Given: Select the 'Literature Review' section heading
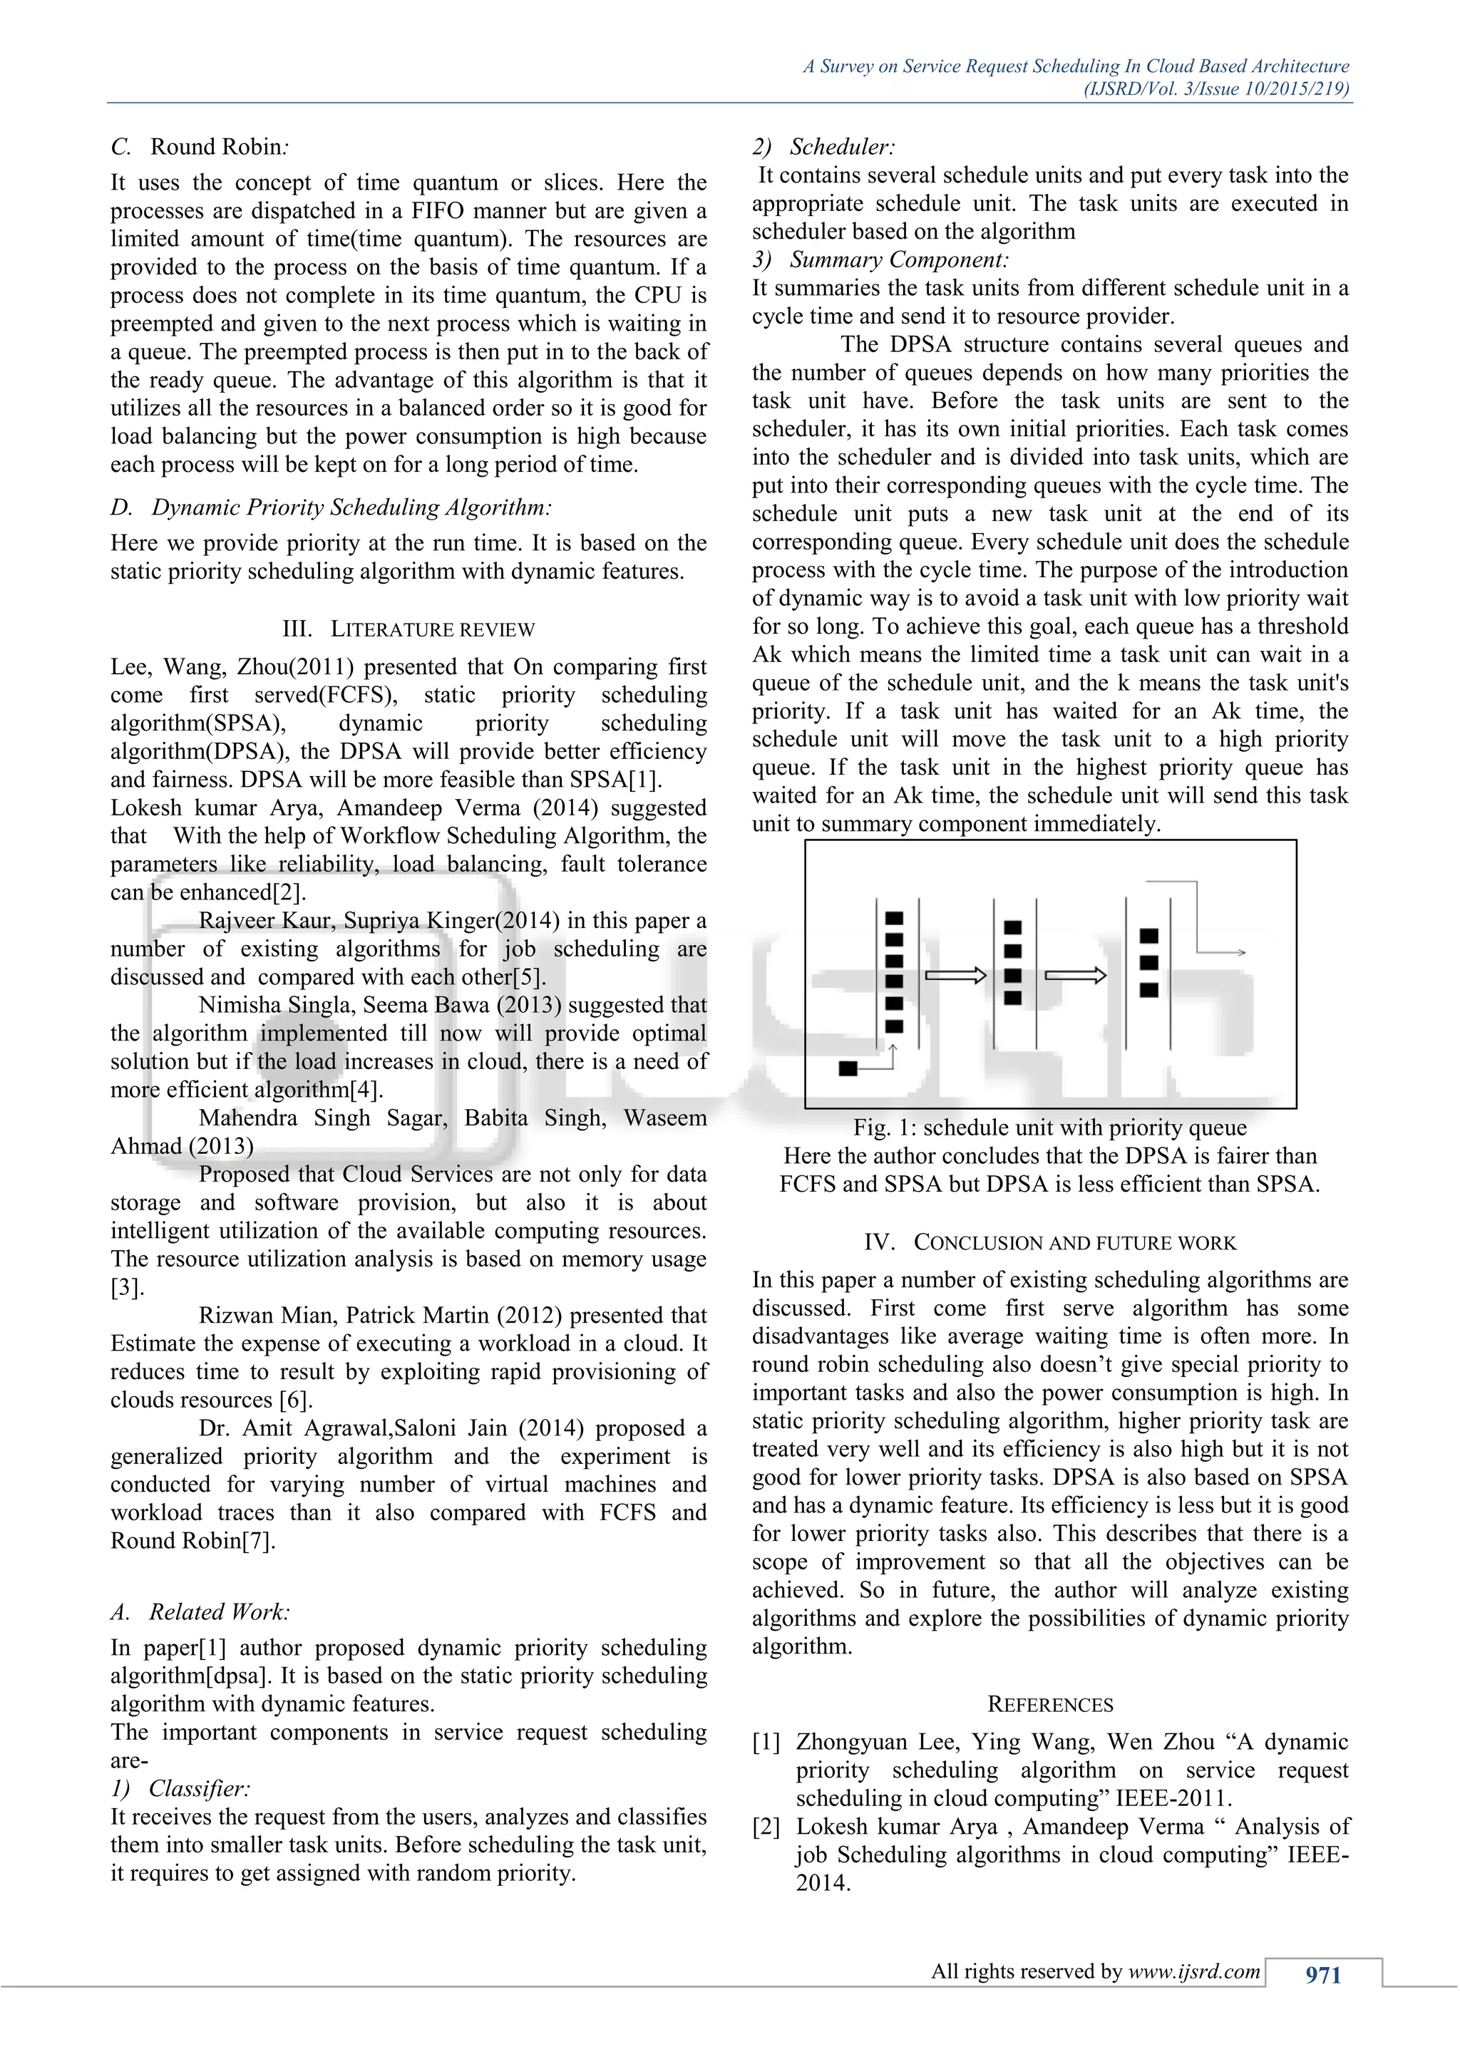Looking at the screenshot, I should coord(408,629).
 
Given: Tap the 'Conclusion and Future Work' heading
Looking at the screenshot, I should coord(1049,1242).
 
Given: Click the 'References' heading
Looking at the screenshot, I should coord(1049,1704).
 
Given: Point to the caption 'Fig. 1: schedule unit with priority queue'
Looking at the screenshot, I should coord(1049,1128).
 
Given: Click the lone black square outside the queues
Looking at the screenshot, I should coord(848,1068).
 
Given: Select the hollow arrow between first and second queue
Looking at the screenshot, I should coord(956,976).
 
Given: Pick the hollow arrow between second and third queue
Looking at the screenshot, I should coord(1075,976).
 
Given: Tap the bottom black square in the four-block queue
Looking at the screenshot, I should coord(1012,998).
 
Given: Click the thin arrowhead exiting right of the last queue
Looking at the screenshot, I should coord(1240,952).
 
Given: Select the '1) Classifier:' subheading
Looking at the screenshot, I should coord(180,1788).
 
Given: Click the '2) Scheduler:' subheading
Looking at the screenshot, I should coord(823,147).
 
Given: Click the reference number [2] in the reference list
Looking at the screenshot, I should coord(766,1827).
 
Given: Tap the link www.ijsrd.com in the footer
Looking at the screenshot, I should coord(1194,1971).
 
